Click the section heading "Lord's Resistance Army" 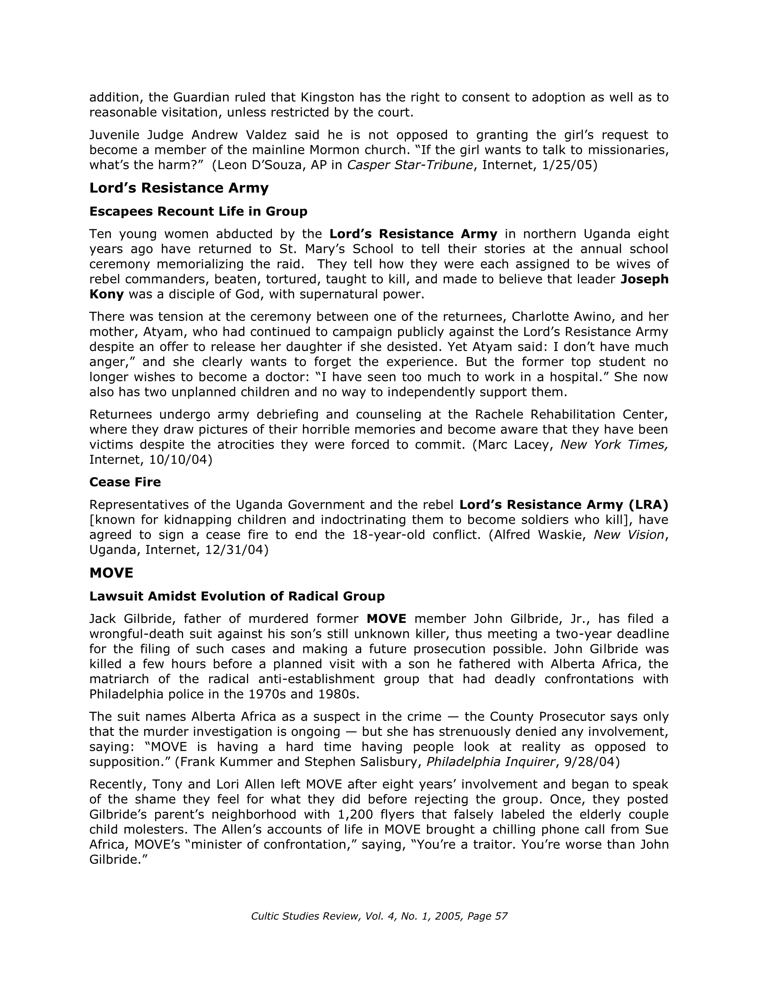(179, 188)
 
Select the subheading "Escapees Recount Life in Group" (198, 211)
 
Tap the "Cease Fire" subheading (125, 482)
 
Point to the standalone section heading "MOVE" (111, 573)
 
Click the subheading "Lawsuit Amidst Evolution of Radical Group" (237, 596)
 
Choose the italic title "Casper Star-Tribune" (410, 165)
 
